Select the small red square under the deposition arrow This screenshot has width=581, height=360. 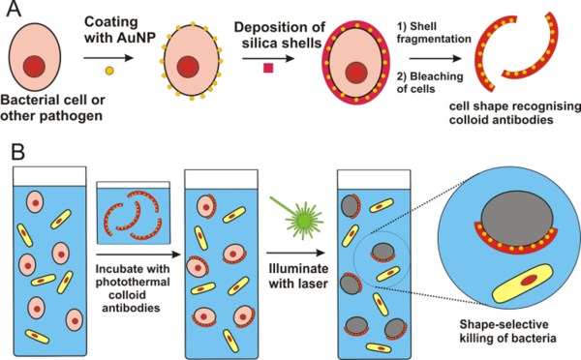click(x=268, y=68)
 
